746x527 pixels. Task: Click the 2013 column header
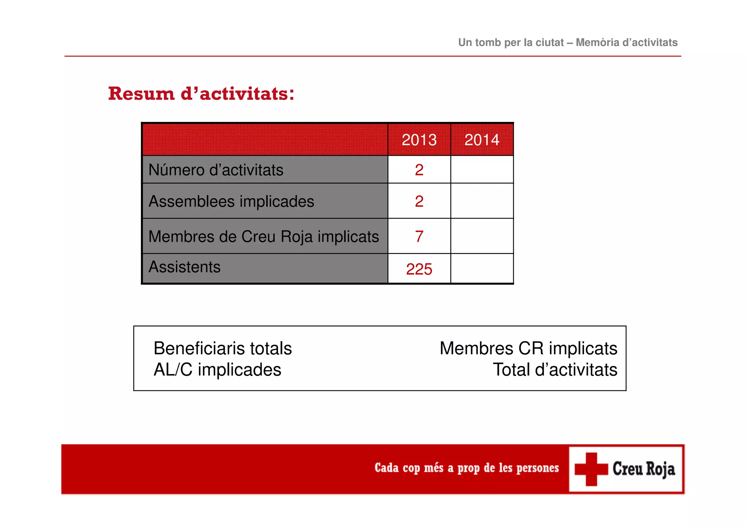pyautogui.click(x=419, y=140)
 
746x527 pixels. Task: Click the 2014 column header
pyautogui.click(x=482, y=140)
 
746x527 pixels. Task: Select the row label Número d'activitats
pyautogui.click(x=216, y=170)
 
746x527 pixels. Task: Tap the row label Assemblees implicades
pyautogui.click(x=231, y=201)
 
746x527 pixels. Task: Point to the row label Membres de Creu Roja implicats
pyautogui.click(x=263, y=237)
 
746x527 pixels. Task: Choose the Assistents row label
pyautogui.click(x=184, y=267)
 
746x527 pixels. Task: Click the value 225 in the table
pyautogui.click(x=419, y=270)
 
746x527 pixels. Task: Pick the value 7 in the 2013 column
pyautogui.click(x=419, y=237)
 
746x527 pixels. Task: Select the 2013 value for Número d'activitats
pyautogui.click(x=419, y=170)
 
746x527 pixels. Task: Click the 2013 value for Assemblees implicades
pyautogui.click(x=419, y=201)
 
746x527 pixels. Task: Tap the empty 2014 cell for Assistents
pyautogui.click(x=482, y=269)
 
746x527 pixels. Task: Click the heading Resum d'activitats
pyautogui.click(x=201, y=94)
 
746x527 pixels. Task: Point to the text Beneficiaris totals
pyautogui.click(x=223, y=349)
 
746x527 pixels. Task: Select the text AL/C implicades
pyautogui.click(x=217, y=370)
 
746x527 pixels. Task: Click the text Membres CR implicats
pyautogui.click(x=528, y=349)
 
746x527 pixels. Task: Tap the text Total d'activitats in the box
pyautogui.click(x=555, y=370)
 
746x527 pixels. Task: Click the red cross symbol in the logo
pyautogui.click(x=591, y=469)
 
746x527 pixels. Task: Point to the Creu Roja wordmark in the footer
pyautogui.click(x=644, y=469)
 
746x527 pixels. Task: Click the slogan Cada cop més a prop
pyautogui.click(x=466, y=468)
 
